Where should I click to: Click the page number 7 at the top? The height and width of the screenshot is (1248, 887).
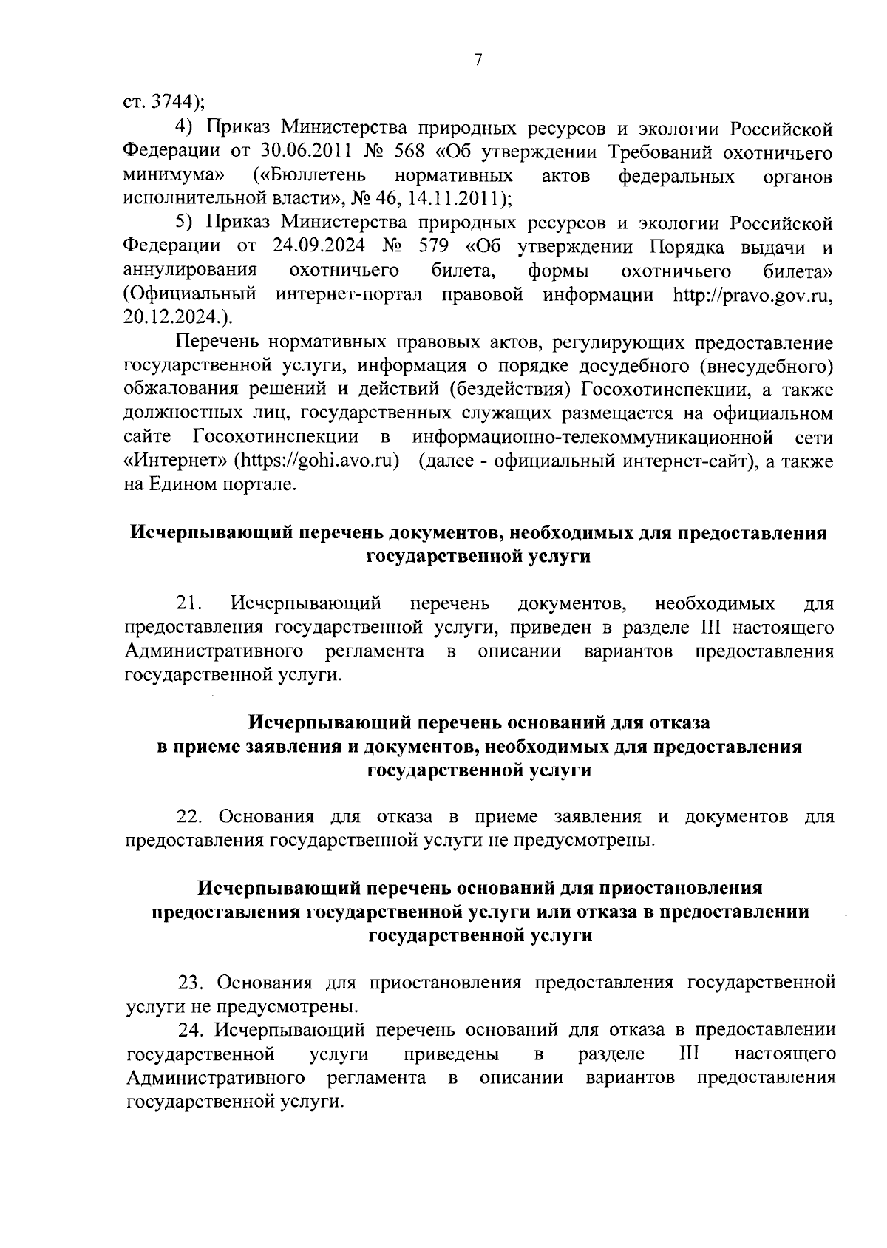478,61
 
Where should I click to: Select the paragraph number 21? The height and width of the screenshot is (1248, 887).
189,603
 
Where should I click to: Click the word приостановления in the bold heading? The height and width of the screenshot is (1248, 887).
680,887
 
